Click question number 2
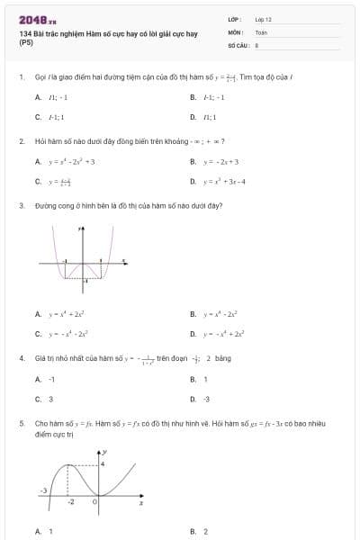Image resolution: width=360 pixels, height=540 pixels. tap(21, 141)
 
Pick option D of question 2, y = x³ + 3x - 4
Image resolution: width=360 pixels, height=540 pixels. tap(220, 181)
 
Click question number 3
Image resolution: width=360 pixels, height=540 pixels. tap(21, 205)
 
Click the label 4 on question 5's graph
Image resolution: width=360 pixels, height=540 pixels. tap(103, 463)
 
